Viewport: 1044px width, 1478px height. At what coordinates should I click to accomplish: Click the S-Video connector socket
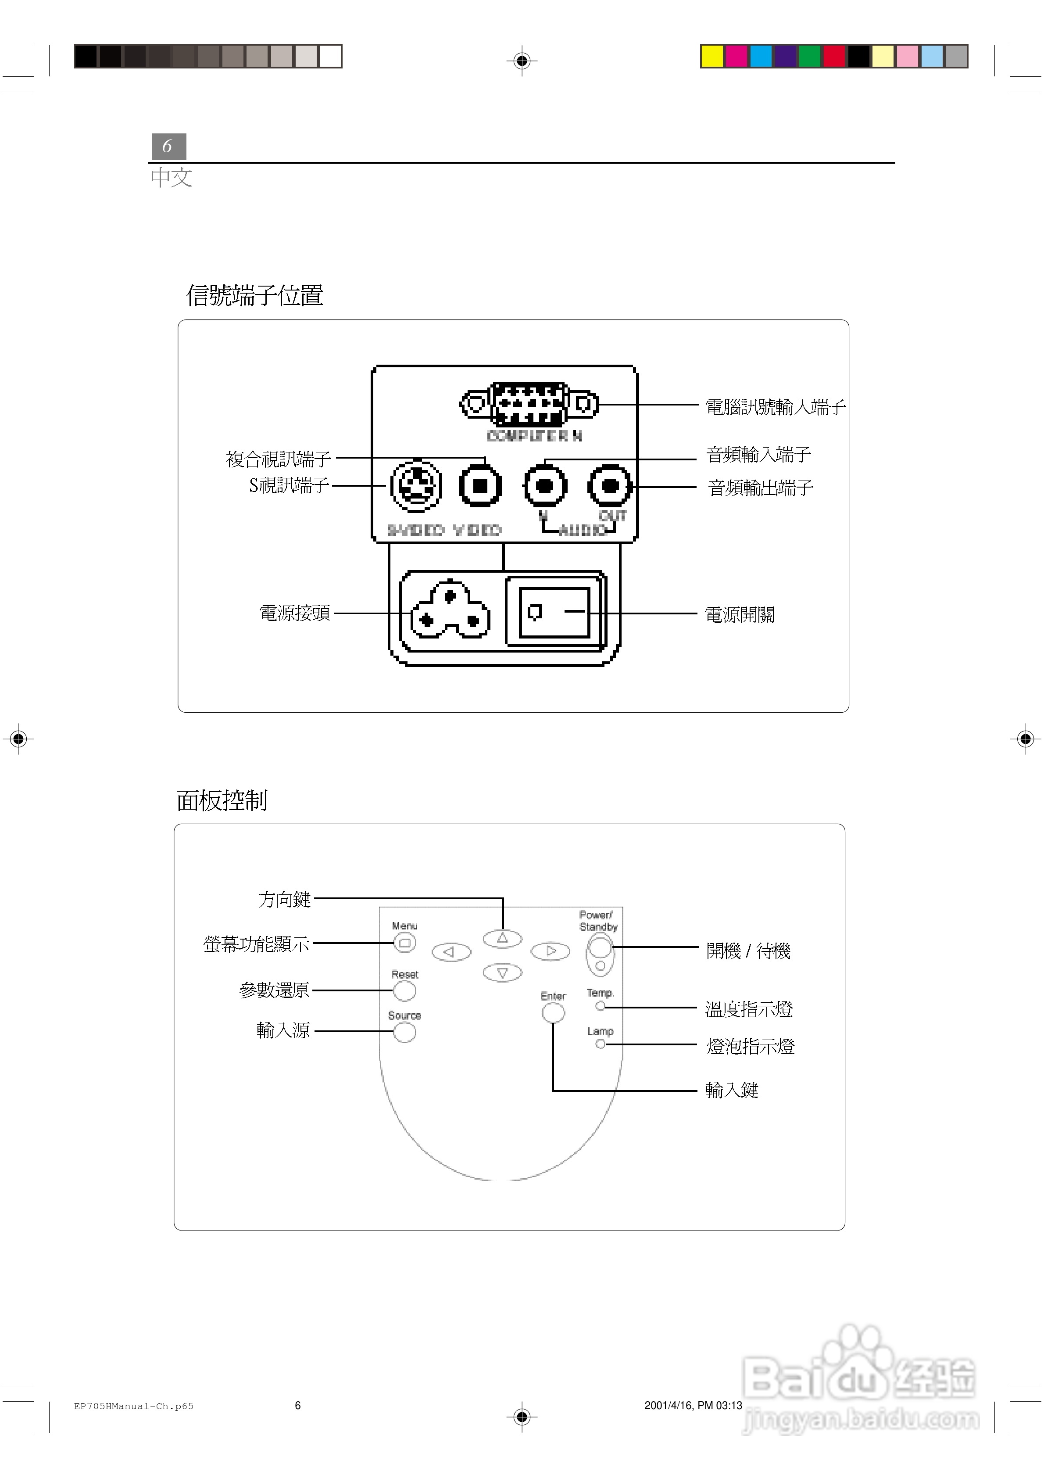click(416, 486)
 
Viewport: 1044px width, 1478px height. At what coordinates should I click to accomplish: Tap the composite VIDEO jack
click(480, 486)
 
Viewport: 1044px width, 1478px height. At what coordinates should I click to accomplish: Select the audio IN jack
click(545, 486)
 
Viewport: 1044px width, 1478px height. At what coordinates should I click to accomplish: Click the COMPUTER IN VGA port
click(529, 404)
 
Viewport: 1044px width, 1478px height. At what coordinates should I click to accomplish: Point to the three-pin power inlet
click(450, 610)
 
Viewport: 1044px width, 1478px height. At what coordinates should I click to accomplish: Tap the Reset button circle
click(404, 991)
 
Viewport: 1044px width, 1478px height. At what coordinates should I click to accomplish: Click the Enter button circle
click(553, 1012)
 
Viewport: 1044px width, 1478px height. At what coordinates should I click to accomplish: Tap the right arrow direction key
click(551, 951)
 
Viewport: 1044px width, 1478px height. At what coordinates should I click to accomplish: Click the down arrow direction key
click(502, 972)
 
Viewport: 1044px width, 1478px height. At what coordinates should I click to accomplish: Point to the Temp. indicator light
click(600, 1005)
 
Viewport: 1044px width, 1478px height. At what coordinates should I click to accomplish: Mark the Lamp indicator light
click(600, 1044)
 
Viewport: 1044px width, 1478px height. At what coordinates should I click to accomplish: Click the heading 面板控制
click(222, 800)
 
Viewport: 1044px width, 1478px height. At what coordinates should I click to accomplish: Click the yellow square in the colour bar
click(712, 56)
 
